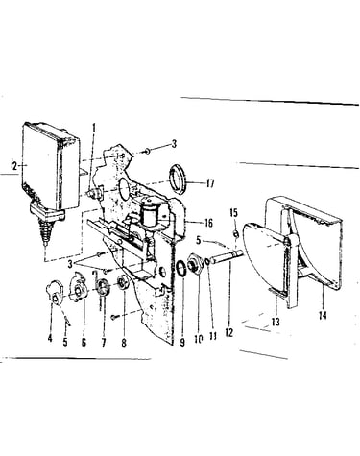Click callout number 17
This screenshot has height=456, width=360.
[210, 183]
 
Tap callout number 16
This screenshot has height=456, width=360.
[208, 223]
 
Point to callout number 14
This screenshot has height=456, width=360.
[323, 316]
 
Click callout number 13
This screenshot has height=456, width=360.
[276, 322]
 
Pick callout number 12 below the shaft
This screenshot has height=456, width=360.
[228, 333]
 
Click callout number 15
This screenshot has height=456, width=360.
[234, 213]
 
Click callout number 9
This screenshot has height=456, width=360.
[182, 343]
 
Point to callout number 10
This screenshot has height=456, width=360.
[199, 339]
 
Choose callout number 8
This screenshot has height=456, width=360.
[124, 343]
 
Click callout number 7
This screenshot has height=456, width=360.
[104, 343]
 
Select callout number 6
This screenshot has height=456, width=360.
[84, 343]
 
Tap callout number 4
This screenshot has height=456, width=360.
[50, 338]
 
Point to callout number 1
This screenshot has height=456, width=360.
[94, 128]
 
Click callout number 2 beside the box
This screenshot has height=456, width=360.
[13, 166]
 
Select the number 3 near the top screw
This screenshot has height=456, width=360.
[174, 144]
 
